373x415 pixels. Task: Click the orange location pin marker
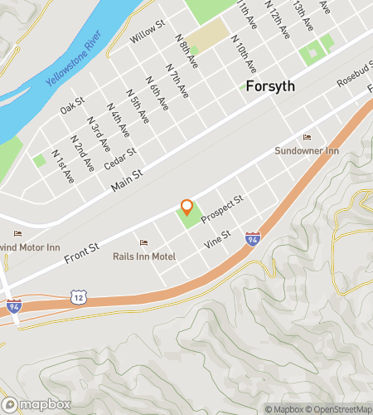(186, 207)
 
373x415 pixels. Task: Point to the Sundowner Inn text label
(308, 151)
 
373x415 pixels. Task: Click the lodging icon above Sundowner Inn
(308, 138)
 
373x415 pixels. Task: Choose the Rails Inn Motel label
(144, 256)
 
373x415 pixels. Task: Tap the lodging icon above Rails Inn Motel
(144, 243)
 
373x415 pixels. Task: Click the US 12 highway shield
(79, 297)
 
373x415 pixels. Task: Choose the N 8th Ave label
(188, 51)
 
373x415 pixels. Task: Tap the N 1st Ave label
(63, 167)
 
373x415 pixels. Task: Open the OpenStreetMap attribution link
(336, 408)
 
